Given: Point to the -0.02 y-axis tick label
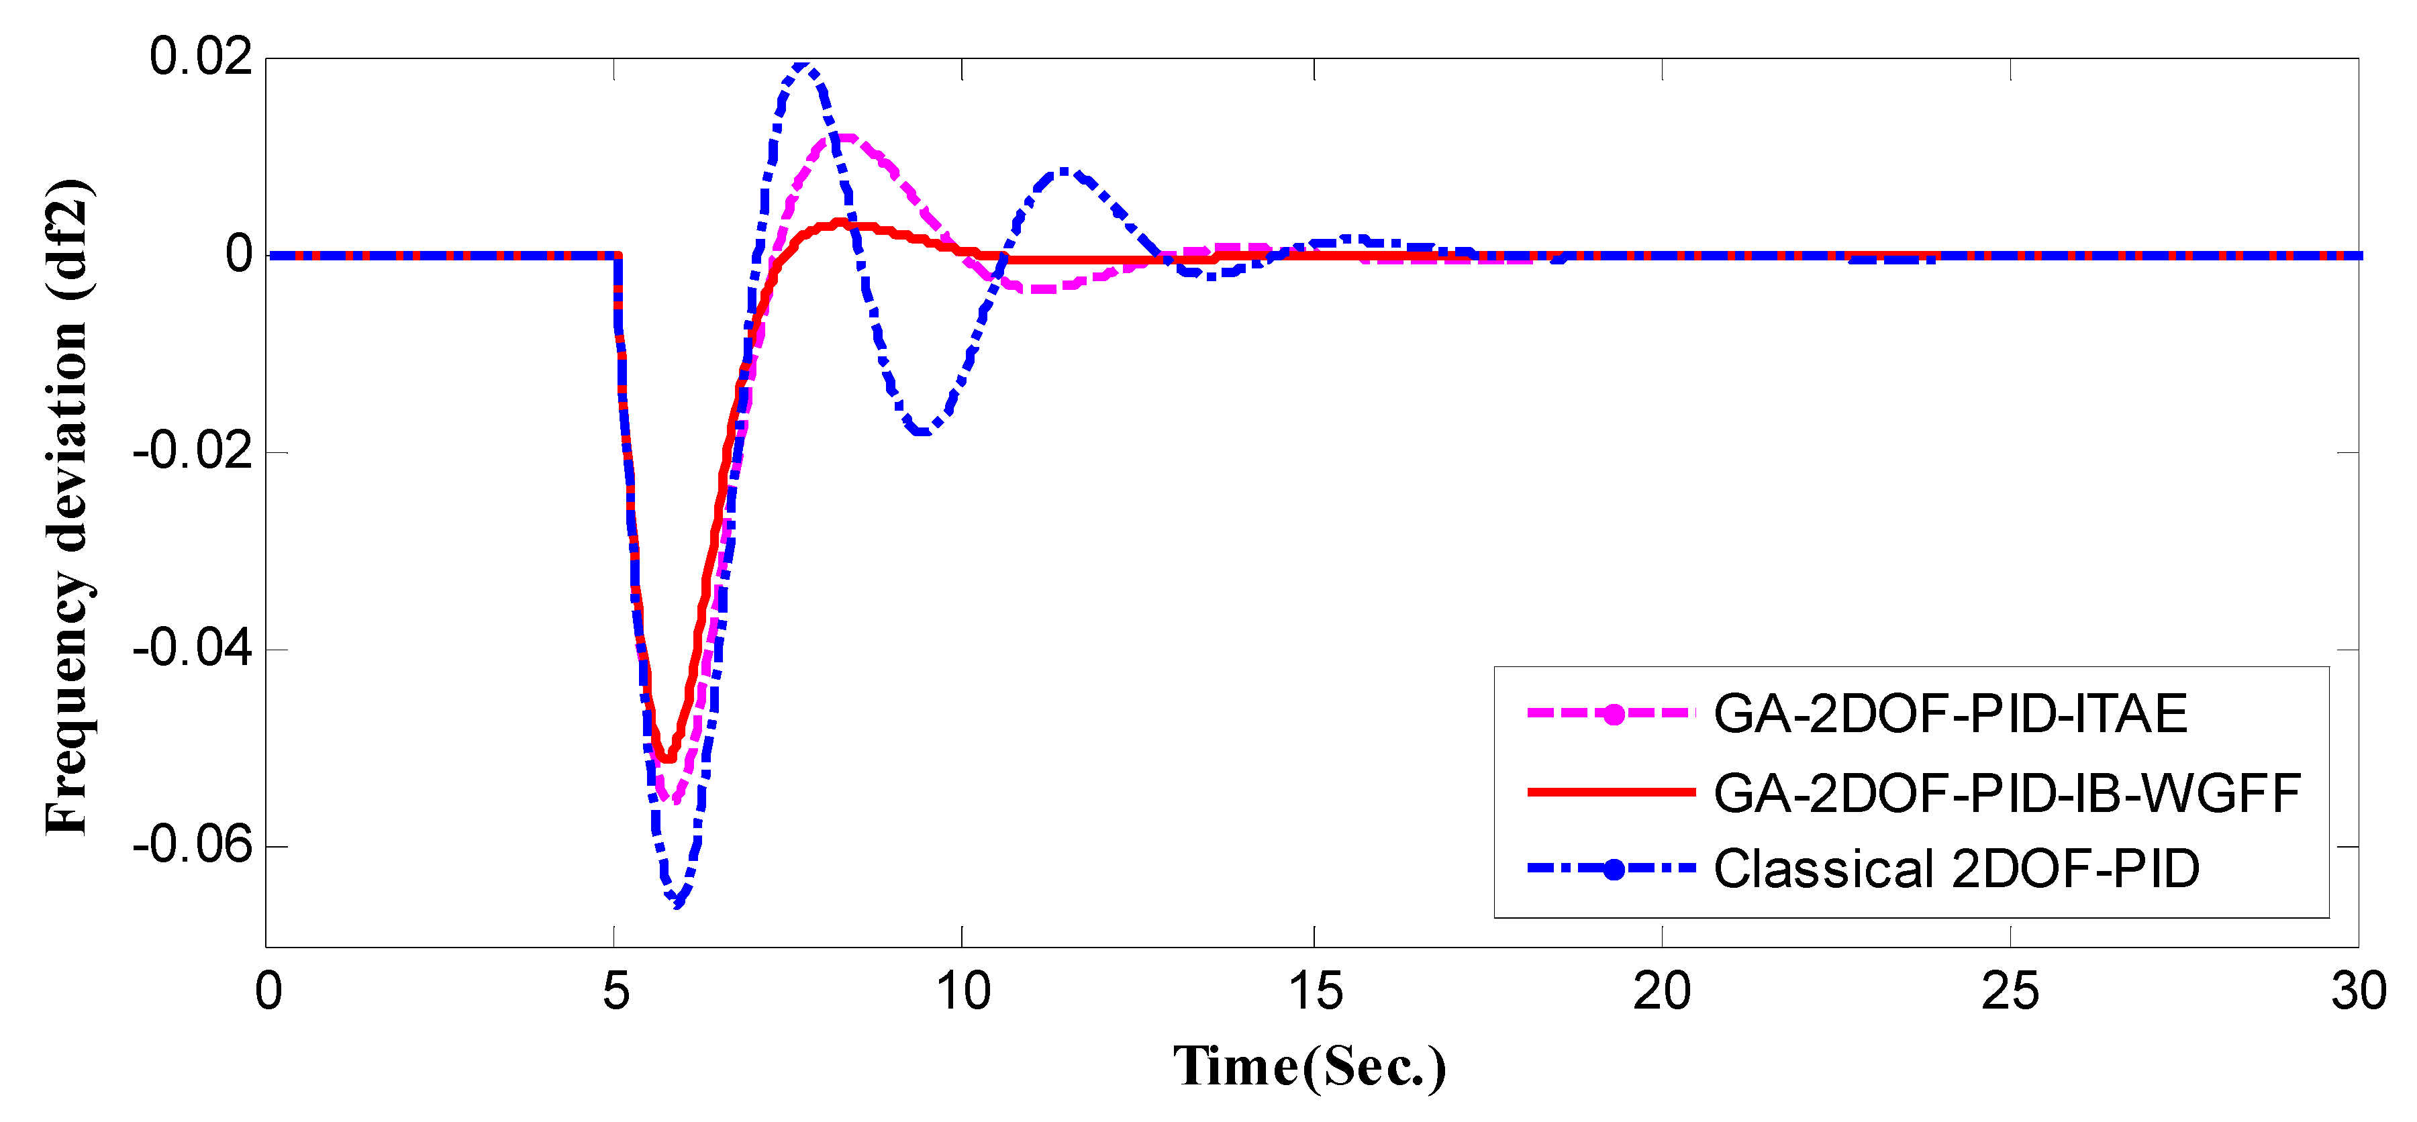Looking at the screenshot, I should [193, 452].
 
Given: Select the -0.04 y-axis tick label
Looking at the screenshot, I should [193, 649].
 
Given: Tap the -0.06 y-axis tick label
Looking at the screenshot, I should [193, 846].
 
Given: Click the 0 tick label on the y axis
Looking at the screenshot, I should [238, 255].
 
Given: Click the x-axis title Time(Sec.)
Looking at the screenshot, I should [1310, 1068].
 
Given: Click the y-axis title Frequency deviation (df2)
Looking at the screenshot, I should [68, 507].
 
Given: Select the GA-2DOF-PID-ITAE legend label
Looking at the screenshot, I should [1950, 714].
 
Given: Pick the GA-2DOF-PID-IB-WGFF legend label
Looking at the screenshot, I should [2006, 793].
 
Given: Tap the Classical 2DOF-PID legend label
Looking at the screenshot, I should [1957, 870].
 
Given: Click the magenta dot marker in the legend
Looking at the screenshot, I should [1613, 715].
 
